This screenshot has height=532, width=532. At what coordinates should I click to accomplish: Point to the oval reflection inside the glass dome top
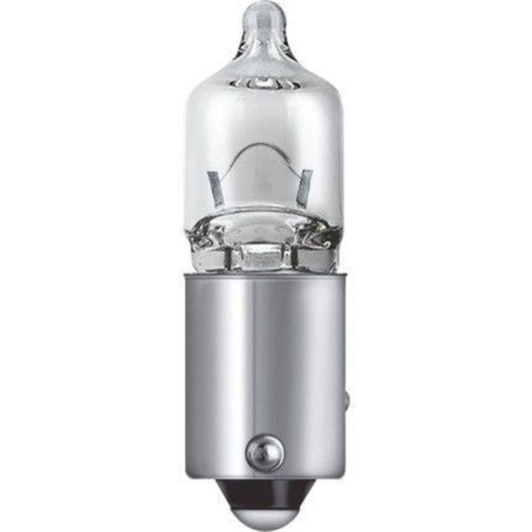tap(262, 83)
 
